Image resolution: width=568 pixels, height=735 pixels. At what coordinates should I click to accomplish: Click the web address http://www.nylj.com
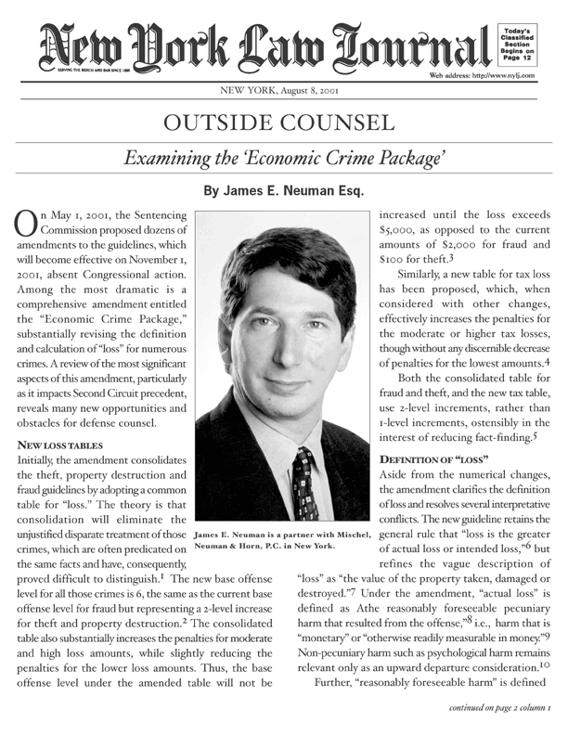pos(482,75)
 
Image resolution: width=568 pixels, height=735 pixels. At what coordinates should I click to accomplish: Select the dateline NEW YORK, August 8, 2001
pos(283,91)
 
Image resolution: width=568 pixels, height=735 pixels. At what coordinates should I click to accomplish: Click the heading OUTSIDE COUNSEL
pos(283,123)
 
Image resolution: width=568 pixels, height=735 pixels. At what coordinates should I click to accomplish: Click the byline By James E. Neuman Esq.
pos(283,193)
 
